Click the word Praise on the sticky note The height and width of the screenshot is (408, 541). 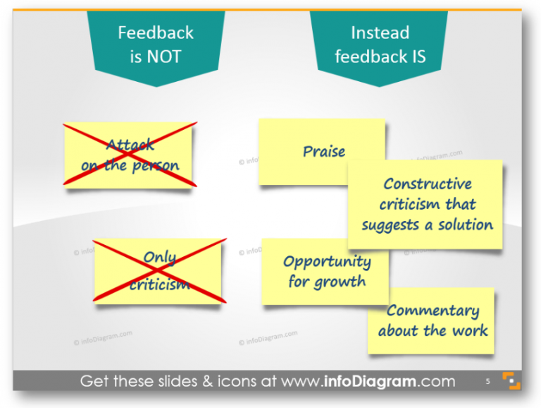point(324,152)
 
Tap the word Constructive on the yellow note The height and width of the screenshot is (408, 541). point(428,184)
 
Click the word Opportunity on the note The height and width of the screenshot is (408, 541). point(327,262)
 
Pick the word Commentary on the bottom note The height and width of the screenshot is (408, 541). point(433,311)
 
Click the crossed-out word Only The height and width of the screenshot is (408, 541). point(160,258)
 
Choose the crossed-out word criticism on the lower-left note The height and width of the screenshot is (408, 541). point(160,284)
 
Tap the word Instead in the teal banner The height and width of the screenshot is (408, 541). point(380,32)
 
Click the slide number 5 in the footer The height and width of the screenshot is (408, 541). point(487,382)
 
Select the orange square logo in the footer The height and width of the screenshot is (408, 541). point(511,381)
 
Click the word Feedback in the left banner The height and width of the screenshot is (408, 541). point(155,32)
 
